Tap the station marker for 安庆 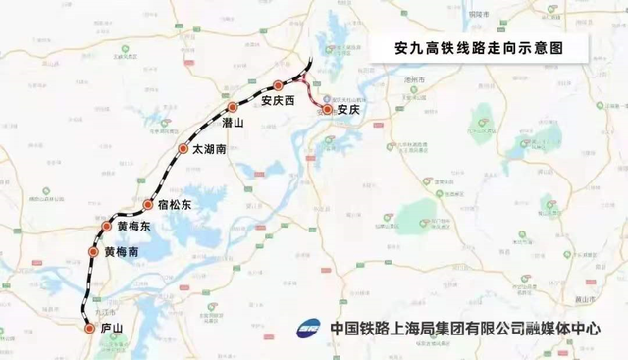point(328,111)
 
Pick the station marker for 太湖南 point(183,149)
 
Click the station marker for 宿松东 point(149,205)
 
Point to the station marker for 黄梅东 point(107,227)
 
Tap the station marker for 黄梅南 point(95,252)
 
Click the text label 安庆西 point(278,101)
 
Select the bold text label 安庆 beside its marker point(349,111)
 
